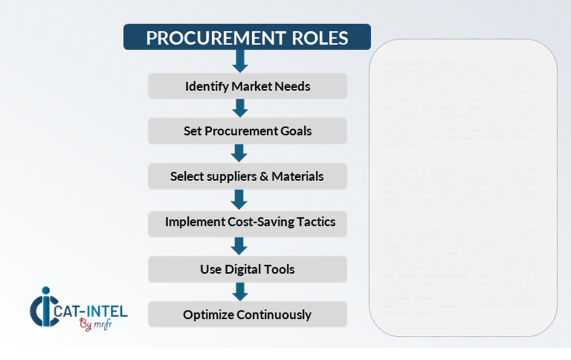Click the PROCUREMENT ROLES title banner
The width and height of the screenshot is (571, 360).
click(247, 37)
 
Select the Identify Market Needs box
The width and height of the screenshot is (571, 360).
click(247, 86)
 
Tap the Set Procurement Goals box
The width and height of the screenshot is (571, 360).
click(247, 131)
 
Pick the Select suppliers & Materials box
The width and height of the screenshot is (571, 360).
click(247, 176)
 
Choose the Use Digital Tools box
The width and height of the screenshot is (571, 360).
click(247, 269)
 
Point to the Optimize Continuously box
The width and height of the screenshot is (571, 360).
click(247, 315)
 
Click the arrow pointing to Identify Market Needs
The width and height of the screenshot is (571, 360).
click(240, 61)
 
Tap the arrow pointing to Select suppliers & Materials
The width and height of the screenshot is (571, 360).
click(239, 153)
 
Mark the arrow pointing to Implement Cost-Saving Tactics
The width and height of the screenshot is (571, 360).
click(239, 199)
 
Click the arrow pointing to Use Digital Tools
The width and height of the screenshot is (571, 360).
click(239, 245)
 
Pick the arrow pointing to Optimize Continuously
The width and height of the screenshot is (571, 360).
click(239, 291)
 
